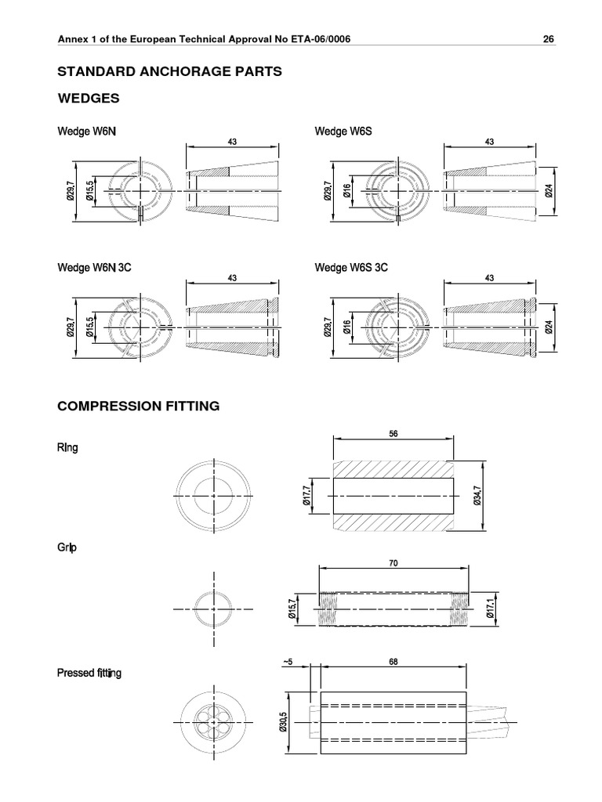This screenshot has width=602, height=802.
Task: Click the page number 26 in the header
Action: pyautogui.click(x=549, y=42)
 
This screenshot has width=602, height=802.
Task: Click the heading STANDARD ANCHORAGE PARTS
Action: pyautogui.click(x=170, y=70)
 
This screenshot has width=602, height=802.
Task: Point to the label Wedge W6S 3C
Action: pyautogui.click(x=351, y=267)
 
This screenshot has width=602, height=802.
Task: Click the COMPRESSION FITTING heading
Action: pyautogui.click(x=139, y=406)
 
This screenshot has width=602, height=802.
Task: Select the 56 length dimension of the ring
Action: pyautogui.click(x=393, y=432)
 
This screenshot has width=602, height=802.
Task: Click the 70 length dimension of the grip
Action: pyautogui.click(x=393, y=562)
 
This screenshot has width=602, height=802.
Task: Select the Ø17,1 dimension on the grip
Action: pyautogui.click(x=489, y=607)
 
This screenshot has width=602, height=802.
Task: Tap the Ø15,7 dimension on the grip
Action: pyautogui.click(x=292, y=607)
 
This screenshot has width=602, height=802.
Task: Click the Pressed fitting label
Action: pyautogui.click(x=89, y=674)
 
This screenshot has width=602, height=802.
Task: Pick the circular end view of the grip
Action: pyautogui.click(x=213, y=608)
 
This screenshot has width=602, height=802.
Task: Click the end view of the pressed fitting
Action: pyautogui.click(x=213, y=721)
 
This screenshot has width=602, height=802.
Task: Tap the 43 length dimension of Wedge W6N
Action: pyautogui.click(x=232, y=142)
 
